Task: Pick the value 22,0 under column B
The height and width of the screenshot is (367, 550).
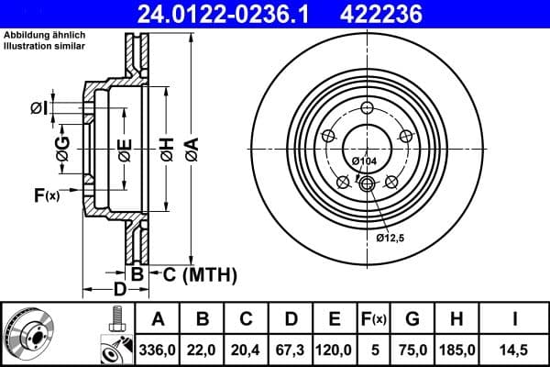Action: (x=203, y=349)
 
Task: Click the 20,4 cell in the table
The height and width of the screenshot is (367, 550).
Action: (x=247, y=349)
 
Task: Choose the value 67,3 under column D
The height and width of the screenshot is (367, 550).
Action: (x=291, y=349)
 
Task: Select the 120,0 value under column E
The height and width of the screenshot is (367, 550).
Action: (x=335, y=349)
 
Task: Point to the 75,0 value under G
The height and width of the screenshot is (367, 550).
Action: (x=412, y=349)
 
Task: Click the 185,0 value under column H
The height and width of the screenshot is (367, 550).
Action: (x=457, y=349)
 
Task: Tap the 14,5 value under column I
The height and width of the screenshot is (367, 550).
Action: (x=514, y=349)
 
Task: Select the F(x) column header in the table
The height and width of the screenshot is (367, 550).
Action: (x=374, y=319)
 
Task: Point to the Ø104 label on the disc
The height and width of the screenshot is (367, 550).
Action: (x=365, y=161)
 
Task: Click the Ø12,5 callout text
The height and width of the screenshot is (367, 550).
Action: (x=392, y=238)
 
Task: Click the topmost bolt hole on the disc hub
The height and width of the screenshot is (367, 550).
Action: (x=368, y=109)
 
